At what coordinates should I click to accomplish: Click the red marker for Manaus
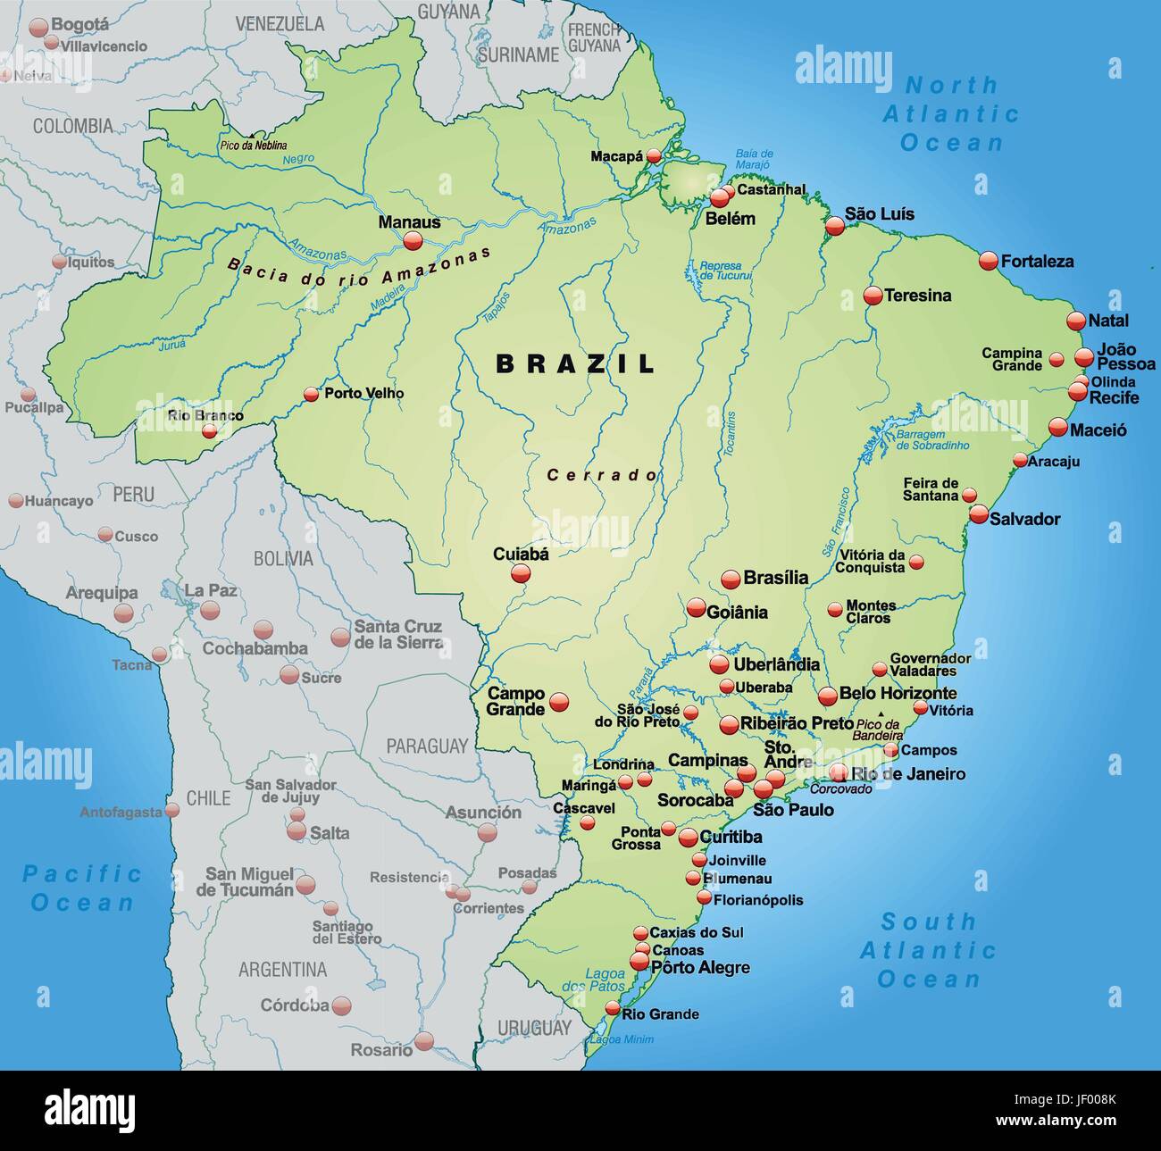413,240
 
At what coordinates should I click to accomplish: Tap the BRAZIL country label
576,363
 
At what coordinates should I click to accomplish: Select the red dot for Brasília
731,578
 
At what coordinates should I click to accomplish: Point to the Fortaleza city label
1037,262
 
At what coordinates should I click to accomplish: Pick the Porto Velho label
363,393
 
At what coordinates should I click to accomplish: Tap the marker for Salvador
979,514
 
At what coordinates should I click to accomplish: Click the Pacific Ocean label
81,888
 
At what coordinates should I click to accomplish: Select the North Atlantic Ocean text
951,113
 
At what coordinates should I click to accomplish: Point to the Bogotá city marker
38,28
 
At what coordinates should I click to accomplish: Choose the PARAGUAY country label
427,746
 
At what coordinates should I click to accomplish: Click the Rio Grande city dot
612,1008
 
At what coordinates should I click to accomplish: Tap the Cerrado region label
602,476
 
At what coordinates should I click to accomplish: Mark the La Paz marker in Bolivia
210,610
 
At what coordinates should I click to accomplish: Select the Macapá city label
616,156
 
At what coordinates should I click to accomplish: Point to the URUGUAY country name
533,1028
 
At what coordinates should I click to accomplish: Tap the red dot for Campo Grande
559,702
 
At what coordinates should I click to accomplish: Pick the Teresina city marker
873,296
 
